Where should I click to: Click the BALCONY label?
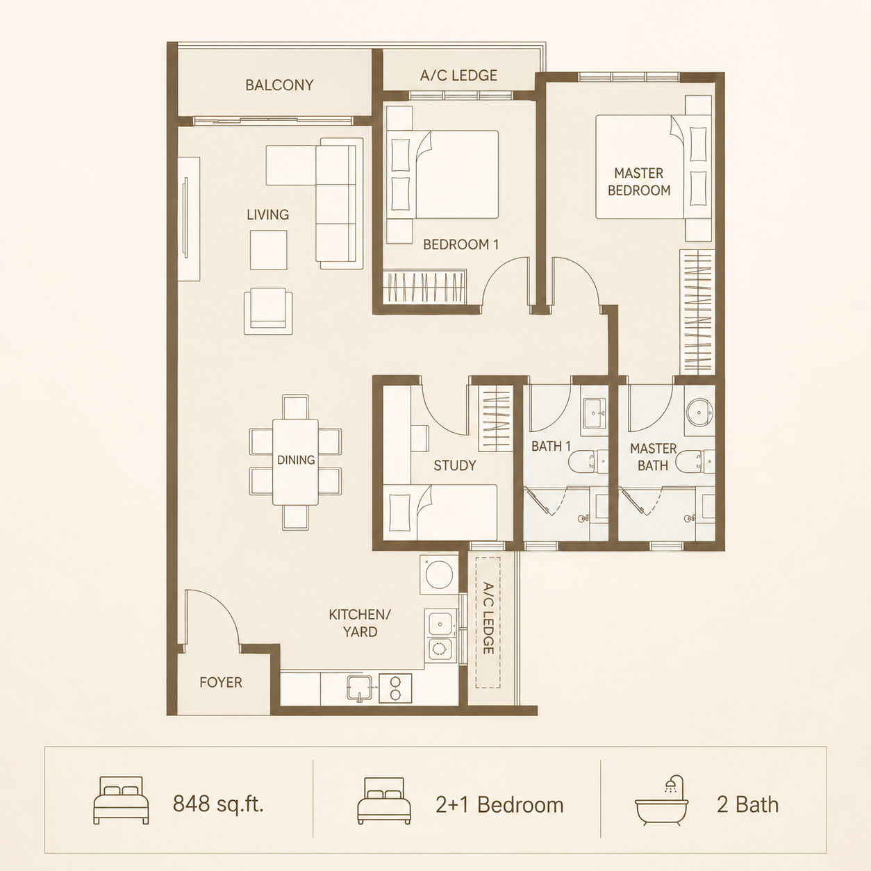(279, 85)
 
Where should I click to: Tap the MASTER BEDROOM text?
(639, 182)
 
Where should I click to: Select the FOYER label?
(221, 682)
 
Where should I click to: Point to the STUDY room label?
(455, 465)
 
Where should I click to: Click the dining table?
(296, 462)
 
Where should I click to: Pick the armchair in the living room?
(268, 311)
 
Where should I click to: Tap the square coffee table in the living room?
(269, 250)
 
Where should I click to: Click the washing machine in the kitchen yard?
(439, 574)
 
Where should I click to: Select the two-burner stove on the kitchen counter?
(395, 688)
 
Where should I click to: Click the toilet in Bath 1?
(588, 461)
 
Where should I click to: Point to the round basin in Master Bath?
(699, 412)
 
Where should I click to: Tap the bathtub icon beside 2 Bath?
(661, 807)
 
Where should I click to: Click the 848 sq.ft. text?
(218, 804)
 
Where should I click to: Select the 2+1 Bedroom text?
(499, 805)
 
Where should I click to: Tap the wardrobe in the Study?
(495, 418)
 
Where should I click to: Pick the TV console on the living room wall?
(188, 219)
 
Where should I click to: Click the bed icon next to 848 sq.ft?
(121, 800)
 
